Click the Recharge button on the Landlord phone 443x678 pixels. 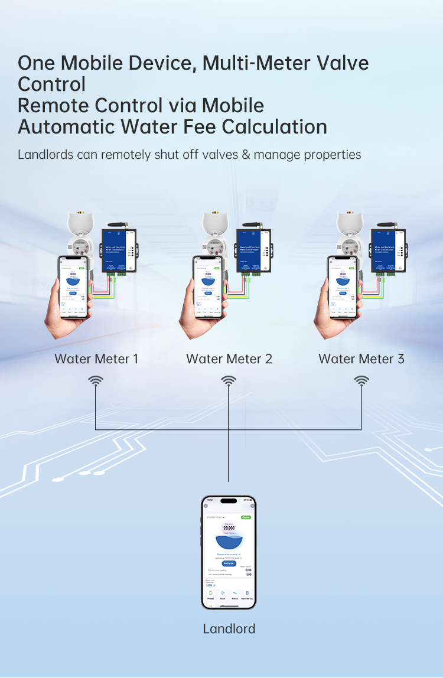(x=229, y=563)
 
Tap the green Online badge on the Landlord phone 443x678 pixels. (x=246, y=517)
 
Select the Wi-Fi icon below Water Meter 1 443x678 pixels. (x=96, y=382)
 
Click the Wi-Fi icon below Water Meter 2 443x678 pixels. (x=229, y=382)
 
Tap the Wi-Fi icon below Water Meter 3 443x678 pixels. (x=361, y=382)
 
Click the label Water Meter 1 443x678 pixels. (x=96, y=358)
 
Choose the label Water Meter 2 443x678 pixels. (x=229, y=358)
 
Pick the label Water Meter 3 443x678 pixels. (x=361, y=358)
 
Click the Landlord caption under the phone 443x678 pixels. (x=229, y=628)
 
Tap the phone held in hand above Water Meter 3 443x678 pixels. (x=343, y=286)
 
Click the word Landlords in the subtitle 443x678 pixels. (x=45, y=155)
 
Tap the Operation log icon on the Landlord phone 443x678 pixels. (x=247, y=594)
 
